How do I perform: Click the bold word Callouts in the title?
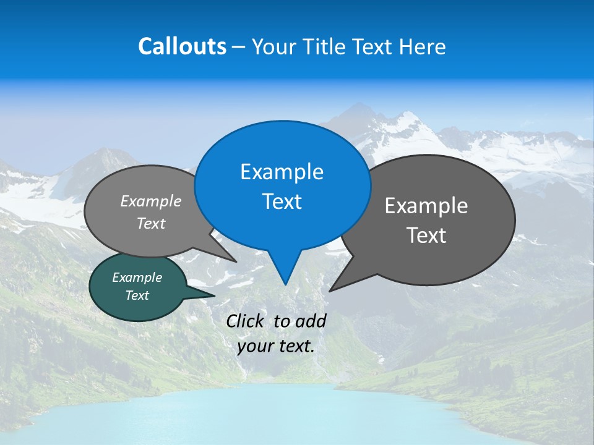point(182,46)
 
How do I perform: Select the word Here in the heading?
point(424,46)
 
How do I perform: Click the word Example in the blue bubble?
point(282,172)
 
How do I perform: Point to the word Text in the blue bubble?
point(282,201)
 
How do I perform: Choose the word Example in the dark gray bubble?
point(426,206)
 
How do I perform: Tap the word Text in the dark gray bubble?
point(426,235)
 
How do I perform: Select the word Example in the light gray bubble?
point(151,201)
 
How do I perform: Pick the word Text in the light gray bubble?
point(151,223)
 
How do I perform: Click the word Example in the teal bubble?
point(137,278)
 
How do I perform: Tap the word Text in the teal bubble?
point(137,295)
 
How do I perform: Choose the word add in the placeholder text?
point(311,321)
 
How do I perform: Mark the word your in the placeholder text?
point(255,346)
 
